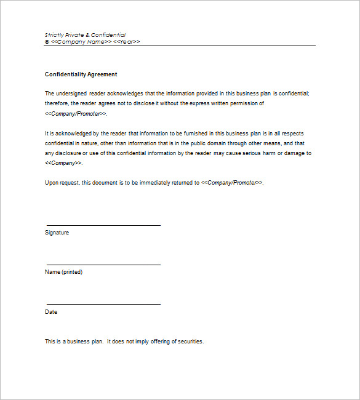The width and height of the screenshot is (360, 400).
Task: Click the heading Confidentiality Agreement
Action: coord(81,74)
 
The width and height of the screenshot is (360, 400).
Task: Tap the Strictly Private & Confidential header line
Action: coord(85,35)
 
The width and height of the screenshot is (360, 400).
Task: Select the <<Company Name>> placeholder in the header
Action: coord(81,42)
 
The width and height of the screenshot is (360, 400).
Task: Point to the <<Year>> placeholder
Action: coord(127,42)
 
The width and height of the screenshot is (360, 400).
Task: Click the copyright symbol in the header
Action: coord(47,42)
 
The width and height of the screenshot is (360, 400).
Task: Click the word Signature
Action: coord(57,233)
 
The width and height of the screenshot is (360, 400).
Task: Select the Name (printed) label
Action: coord(63,272)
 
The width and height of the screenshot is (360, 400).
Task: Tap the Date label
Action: coord(51,312)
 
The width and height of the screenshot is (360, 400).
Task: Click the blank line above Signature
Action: coord(103,225)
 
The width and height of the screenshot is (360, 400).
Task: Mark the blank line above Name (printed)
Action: coord(103,265)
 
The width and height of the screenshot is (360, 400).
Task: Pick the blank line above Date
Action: coord(103,304)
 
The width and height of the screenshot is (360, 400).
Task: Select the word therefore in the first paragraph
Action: coord(57,103)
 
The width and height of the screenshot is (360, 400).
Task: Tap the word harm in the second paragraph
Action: coord(257,153)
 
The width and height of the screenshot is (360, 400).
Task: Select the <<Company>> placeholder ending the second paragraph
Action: coord(63,163)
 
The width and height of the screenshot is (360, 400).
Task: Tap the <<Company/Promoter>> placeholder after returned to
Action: coord(232,183)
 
